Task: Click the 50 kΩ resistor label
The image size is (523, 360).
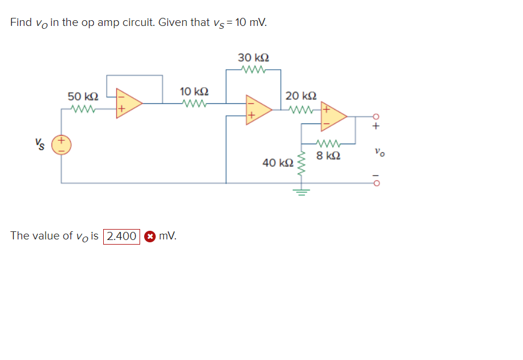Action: coord(83,96)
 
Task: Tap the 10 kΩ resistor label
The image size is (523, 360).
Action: coord(194,92)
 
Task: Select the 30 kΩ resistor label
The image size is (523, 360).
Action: coord(253,58)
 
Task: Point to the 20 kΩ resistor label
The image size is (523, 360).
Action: coord(300,96)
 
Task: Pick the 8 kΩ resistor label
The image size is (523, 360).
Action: coord(328,155)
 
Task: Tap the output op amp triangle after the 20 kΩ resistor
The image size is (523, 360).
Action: coord(334,116)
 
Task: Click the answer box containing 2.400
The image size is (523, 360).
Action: coord(121,236)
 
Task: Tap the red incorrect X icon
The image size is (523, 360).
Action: coord(149,237)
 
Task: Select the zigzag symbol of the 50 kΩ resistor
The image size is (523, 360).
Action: coord(83,107)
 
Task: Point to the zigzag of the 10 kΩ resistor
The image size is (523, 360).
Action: coord(194,104)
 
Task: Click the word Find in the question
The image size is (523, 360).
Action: coord(21,22)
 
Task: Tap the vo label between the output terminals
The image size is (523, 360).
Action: coord(378,153)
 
